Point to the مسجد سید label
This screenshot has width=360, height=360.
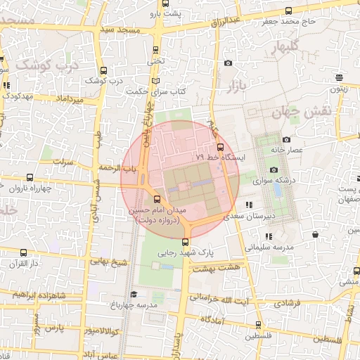click(x=122, y=30)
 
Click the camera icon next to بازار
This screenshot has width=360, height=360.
click(x=228, y=63)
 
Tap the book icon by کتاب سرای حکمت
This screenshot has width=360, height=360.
click(x=165, y=80)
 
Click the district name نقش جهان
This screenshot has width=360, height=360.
click(x=300, y=110)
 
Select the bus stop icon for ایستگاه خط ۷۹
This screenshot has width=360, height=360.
click(x=221, y=147)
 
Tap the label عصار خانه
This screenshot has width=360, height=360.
click(x=306, y=150)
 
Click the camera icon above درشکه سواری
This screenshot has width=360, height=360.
click(x=274, y=169)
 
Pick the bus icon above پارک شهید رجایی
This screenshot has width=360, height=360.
click(x=185, y=241)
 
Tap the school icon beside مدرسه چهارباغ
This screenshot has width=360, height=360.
click(x=134, y=294)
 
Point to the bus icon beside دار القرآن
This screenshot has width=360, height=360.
click(x=25, y=253)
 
